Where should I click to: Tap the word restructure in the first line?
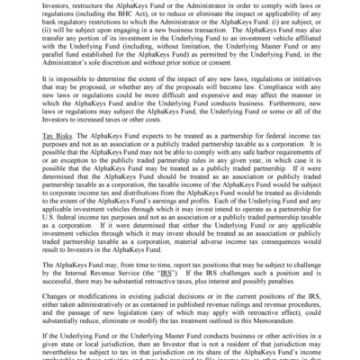tap(89, 4)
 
